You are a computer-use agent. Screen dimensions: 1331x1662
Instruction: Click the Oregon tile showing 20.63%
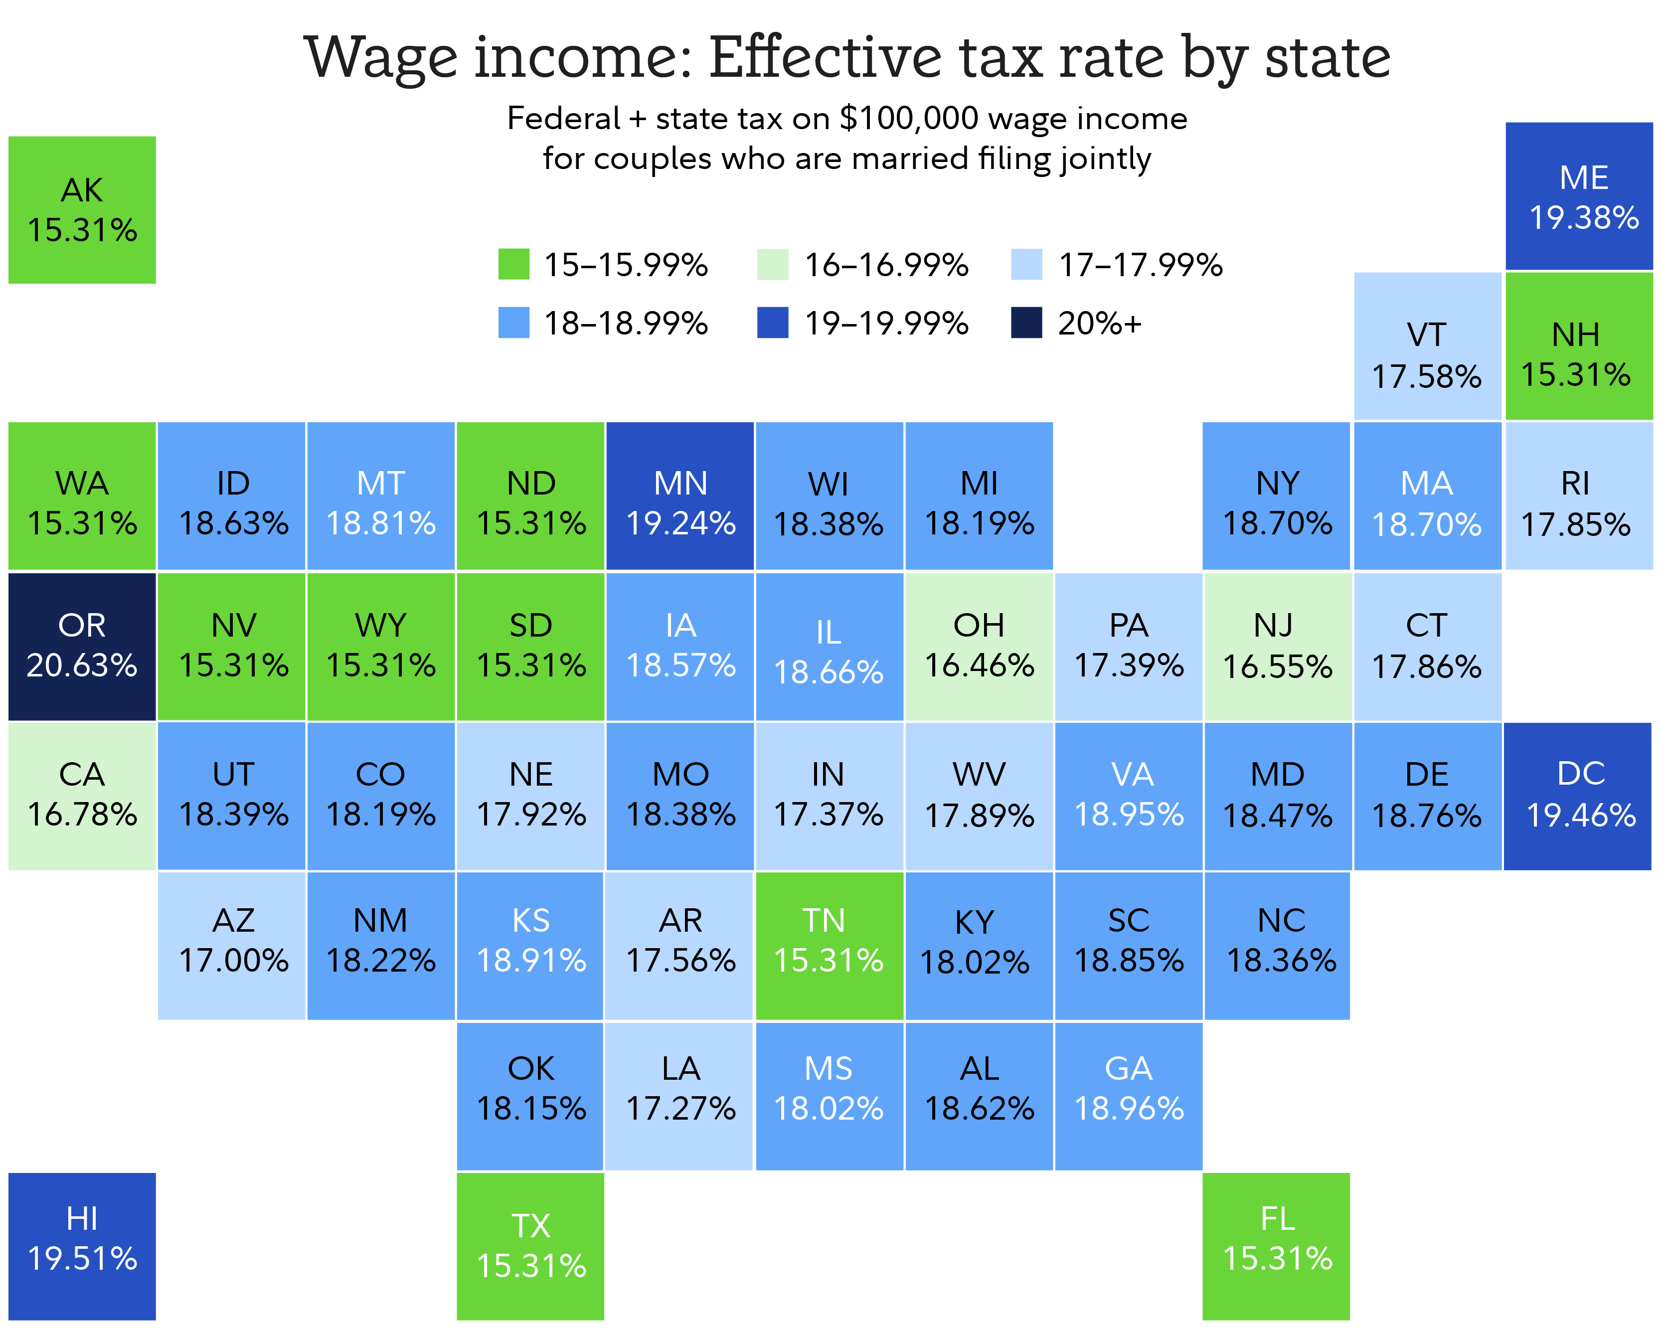click(82, 646)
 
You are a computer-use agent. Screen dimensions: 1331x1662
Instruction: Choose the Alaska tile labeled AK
click(82, 210)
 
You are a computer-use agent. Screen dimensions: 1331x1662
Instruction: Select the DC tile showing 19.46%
click(1578, 796)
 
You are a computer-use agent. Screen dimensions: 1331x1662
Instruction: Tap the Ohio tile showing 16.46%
click(979, 646)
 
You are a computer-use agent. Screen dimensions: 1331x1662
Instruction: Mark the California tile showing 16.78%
click(82, 796)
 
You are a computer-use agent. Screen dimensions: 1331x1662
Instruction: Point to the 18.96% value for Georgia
click(1129, 1109)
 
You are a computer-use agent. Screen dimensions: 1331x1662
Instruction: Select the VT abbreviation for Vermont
click(1426, 335)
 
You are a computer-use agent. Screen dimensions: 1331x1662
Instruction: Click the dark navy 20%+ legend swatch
click(1026, 323)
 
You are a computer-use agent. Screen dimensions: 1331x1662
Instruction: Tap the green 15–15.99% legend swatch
click(513, 264)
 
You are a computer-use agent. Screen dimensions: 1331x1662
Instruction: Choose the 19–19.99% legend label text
click(886, 324)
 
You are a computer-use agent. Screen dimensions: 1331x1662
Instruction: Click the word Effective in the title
click(826, 58)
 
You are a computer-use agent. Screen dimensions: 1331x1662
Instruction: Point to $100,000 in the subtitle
click(910, 119)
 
